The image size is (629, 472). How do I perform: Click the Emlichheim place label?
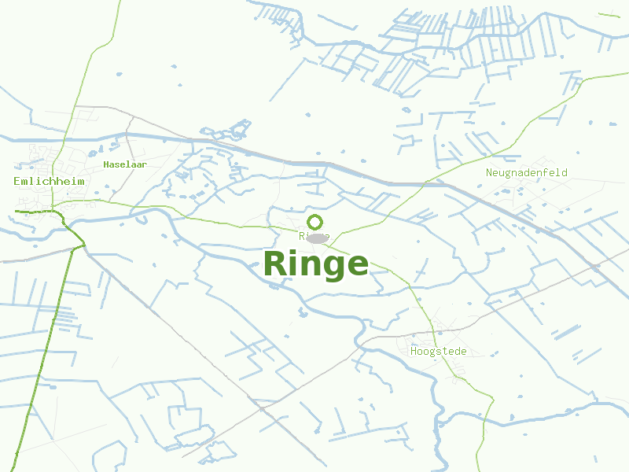[x=49, y=181]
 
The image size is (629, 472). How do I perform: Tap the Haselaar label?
[x=125, y=164]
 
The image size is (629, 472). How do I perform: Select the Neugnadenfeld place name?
[x=526, y=172]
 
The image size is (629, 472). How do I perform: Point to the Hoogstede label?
[x=438, y=352]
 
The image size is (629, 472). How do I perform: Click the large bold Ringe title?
[x=315, y=264]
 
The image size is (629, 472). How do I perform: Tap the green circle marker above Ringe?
[x=315, y=222]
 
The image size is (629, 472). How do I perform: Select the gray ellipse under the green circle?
[x=317, y=238]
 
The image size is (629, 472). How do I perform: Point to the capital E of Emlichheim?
[x=17, y=181]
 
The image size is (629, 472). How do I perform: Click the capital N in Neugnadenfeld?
[x=489, y=172]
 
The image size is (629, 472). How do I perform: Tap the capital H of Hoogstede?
[x=414, y=352]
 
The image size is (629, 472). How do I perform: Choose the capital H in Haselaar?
[x=106, y=164]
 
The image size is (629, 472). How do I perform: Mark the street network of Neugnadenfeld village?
[x=535, y=197]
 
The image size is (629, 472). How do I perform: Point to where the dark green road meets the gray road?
[x=81, y=245]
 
